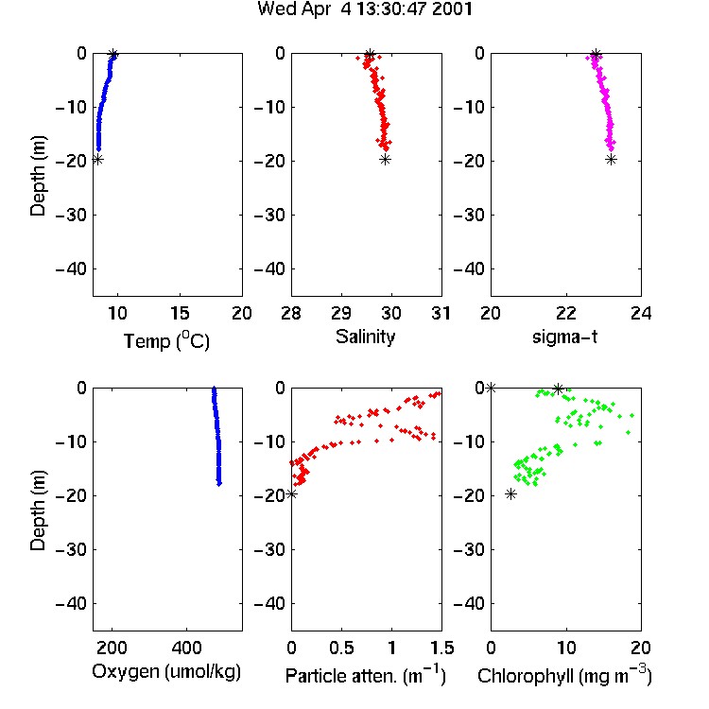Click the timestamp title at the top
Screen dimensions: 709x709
tap(365, 9)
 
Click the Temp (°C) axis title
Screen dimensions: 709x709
tap(166, 340)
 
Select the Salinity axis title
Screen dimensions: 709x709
tap(365, 337)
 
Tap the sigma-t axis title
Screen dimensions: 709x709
tap(564, 337)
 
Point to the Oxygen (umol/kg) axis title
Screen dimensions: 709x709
tap(166, 672)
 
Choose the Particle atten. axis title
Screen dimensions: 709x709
tap(366, 675)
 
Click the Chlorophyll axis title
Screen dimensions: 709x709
tap(564, 675)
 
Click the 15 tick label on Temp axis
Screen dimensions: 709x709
tap(180, 313)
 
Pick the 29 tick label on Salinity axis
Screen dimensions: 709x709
tap(341, 313)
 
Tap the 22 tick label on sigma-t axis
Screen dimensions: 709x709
tap(566, 313)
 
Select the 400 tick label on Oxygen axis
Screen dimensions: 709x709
tap(187, 648)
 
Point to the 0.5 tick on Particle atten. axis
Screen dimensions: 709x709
tap(341, 648)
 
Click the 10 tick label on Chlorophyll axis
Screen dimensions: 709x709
tap(566, 648)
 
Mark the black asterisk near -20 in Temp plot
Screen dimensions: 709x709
tap(97, 159)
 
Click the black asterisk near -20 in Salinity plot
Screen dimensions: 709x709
tap(385, 159)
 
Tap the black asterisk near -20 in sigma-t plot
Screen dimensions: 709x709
tap(611, 159)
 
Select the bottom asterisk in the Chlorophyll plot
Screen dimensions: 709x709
tap(510, 494)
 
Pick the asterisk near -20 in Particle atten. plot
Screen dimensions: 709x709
tap(292, 494)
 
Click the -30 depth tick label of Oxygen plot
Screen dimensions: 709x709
tap(72, 549)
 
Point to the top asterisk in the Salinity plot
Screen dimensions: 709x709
tap(370, 55)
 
